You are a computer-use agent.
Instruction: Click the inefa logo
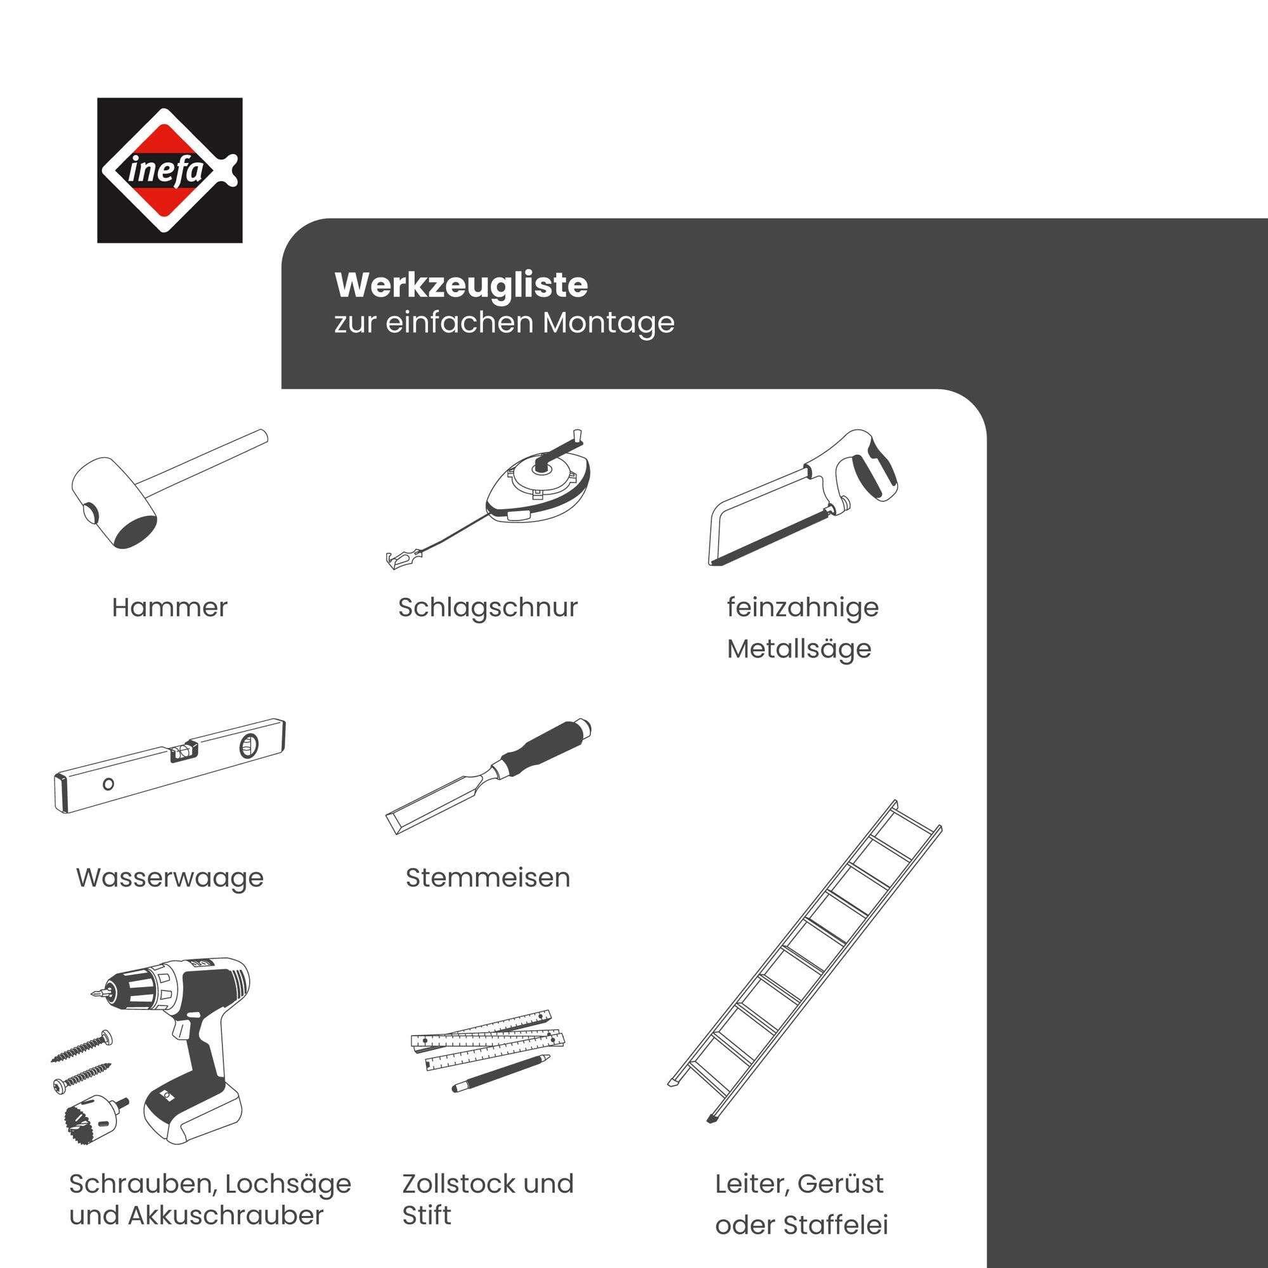click(x=169, y=170)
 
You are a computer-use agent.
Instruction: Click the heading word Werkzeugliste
click(x=461, y=285)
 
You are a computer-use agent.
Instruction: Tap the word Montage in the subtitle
click(x=609, y=323)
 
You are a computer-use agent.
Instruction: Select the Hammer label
click(x=169, y=607)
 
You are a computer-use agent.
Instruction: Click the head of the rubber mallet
click(x=113, y=503)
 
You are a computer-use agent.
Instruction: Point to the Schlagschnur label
click(x=488, y=608)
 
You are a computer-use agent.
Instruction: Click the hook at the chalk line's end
click(x=403, y=559)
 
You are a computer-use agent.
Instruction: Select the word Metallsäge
click(x=799, y=649)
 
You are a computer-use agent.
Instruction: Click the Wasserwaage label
click(x=169, y=878)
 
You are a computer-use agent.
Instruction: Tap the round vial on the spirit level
click(x=249, y=746)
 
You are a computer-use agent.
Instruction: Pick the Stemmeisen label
click(x=488, y=877)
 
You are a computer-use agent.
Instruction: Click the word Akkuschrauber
click(x=226, y=1215)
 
